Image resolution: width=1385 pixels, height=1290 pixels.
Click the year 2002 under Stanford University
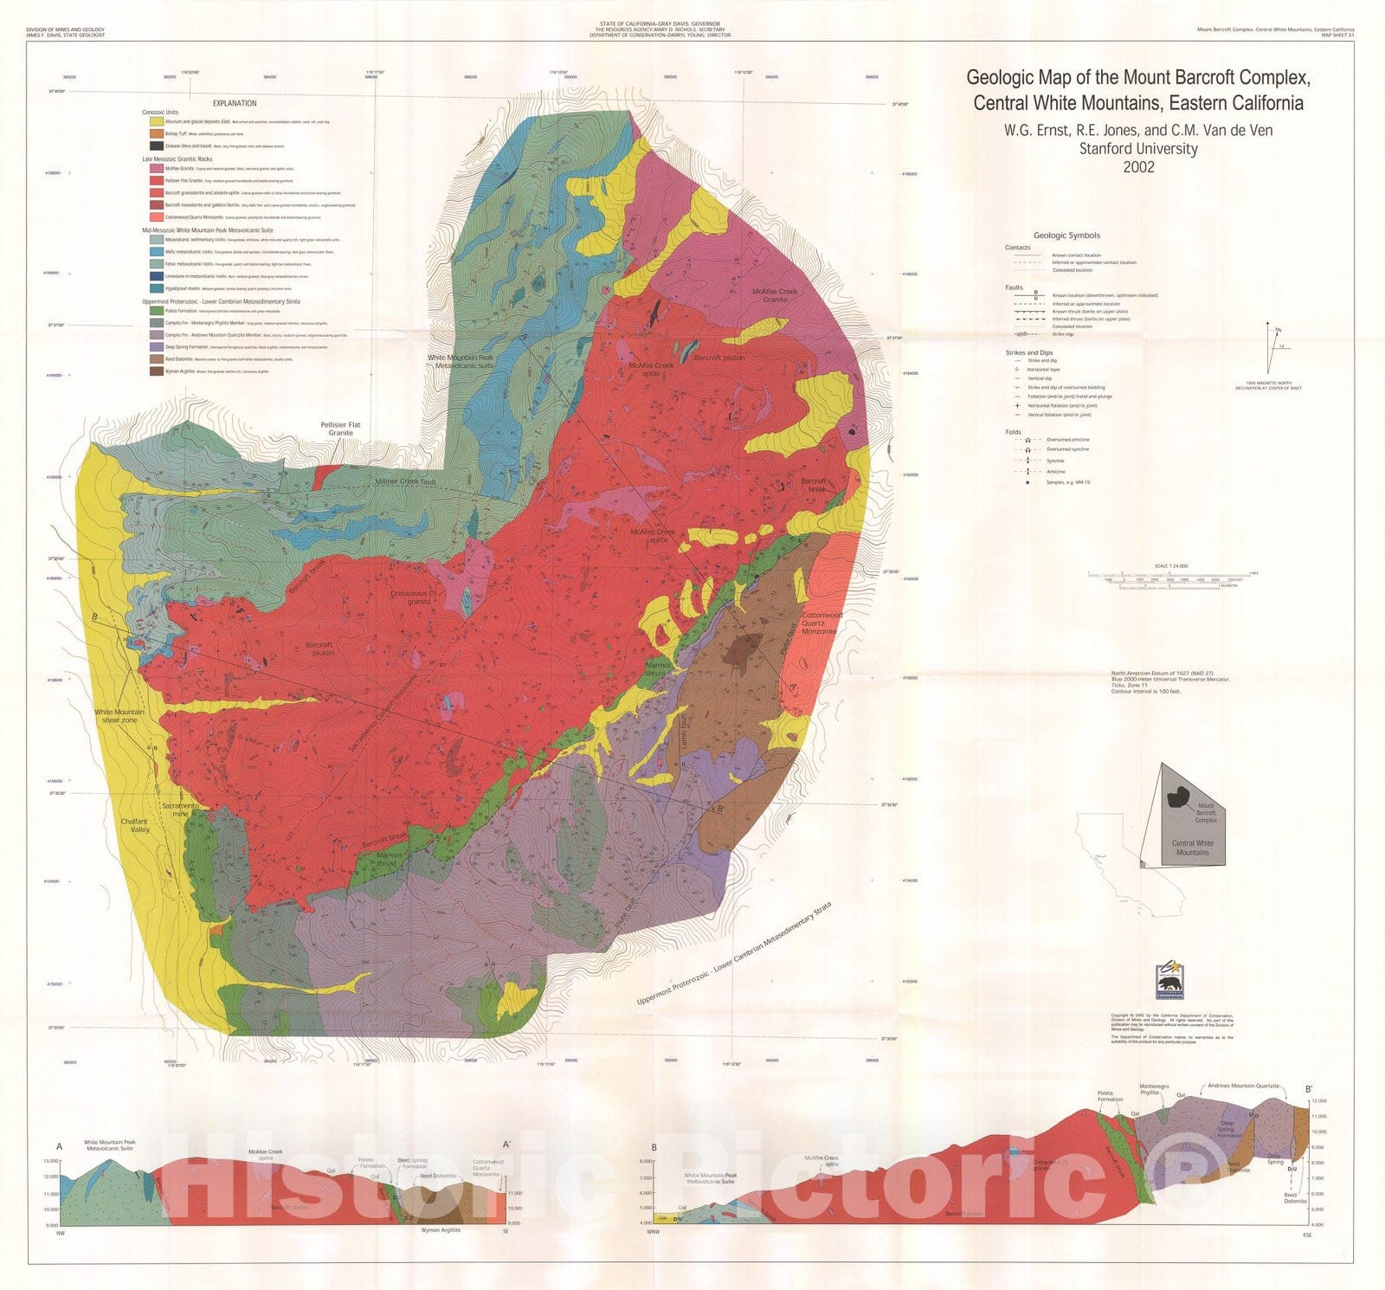point(1138,167)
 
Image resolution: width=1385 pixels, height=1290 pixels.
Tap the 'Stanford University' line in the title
point(1138,148)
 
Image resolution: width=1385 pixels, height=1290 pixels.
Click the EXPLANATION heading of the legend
point(235,102)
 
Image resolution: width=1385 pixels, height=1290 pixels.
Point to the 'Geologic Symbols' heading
point(1066,235)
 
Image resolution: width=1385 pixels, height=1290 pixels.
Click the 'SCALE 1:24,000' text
point(1170,566)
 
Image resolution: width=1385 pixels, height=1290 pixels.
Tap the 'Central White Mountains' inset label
point(1192,848)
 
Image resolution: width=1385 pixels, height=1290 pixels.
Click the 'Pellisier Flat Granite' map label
point(340,429)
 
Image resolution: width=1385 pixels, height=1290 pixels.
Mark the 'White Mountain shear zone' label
point(119,716)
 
